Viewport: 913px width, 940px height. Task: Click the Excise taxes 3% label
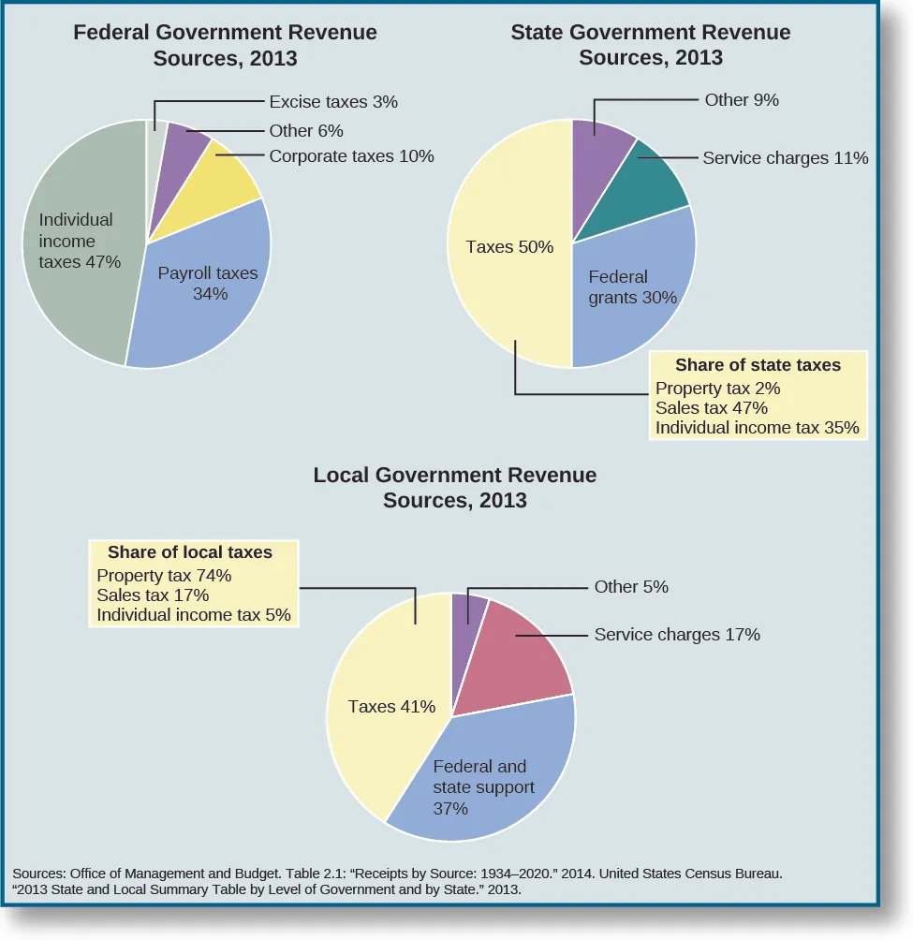coord(333,102)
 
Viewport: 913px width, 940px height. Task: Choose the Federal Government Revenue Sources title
coord(225,45)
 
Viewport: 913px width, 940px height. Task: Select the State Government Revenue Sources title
coord(650,45)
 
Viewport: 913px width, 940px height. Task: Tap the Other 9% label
coord(742,99)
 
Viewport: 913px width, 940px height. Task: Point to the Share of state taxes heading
coord(758,365)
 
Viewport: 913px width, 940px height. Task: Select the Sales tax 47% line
coord(712,408)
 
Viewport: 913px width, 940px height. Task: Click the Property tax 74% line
coord(164,576)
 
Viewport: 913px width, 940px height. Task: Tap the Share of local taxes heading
coord(190,552)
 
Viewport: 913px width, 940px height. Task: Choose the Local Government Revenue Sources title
coord(454,488)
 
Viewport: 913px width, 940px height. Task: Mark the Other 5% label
coord(631,587)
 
